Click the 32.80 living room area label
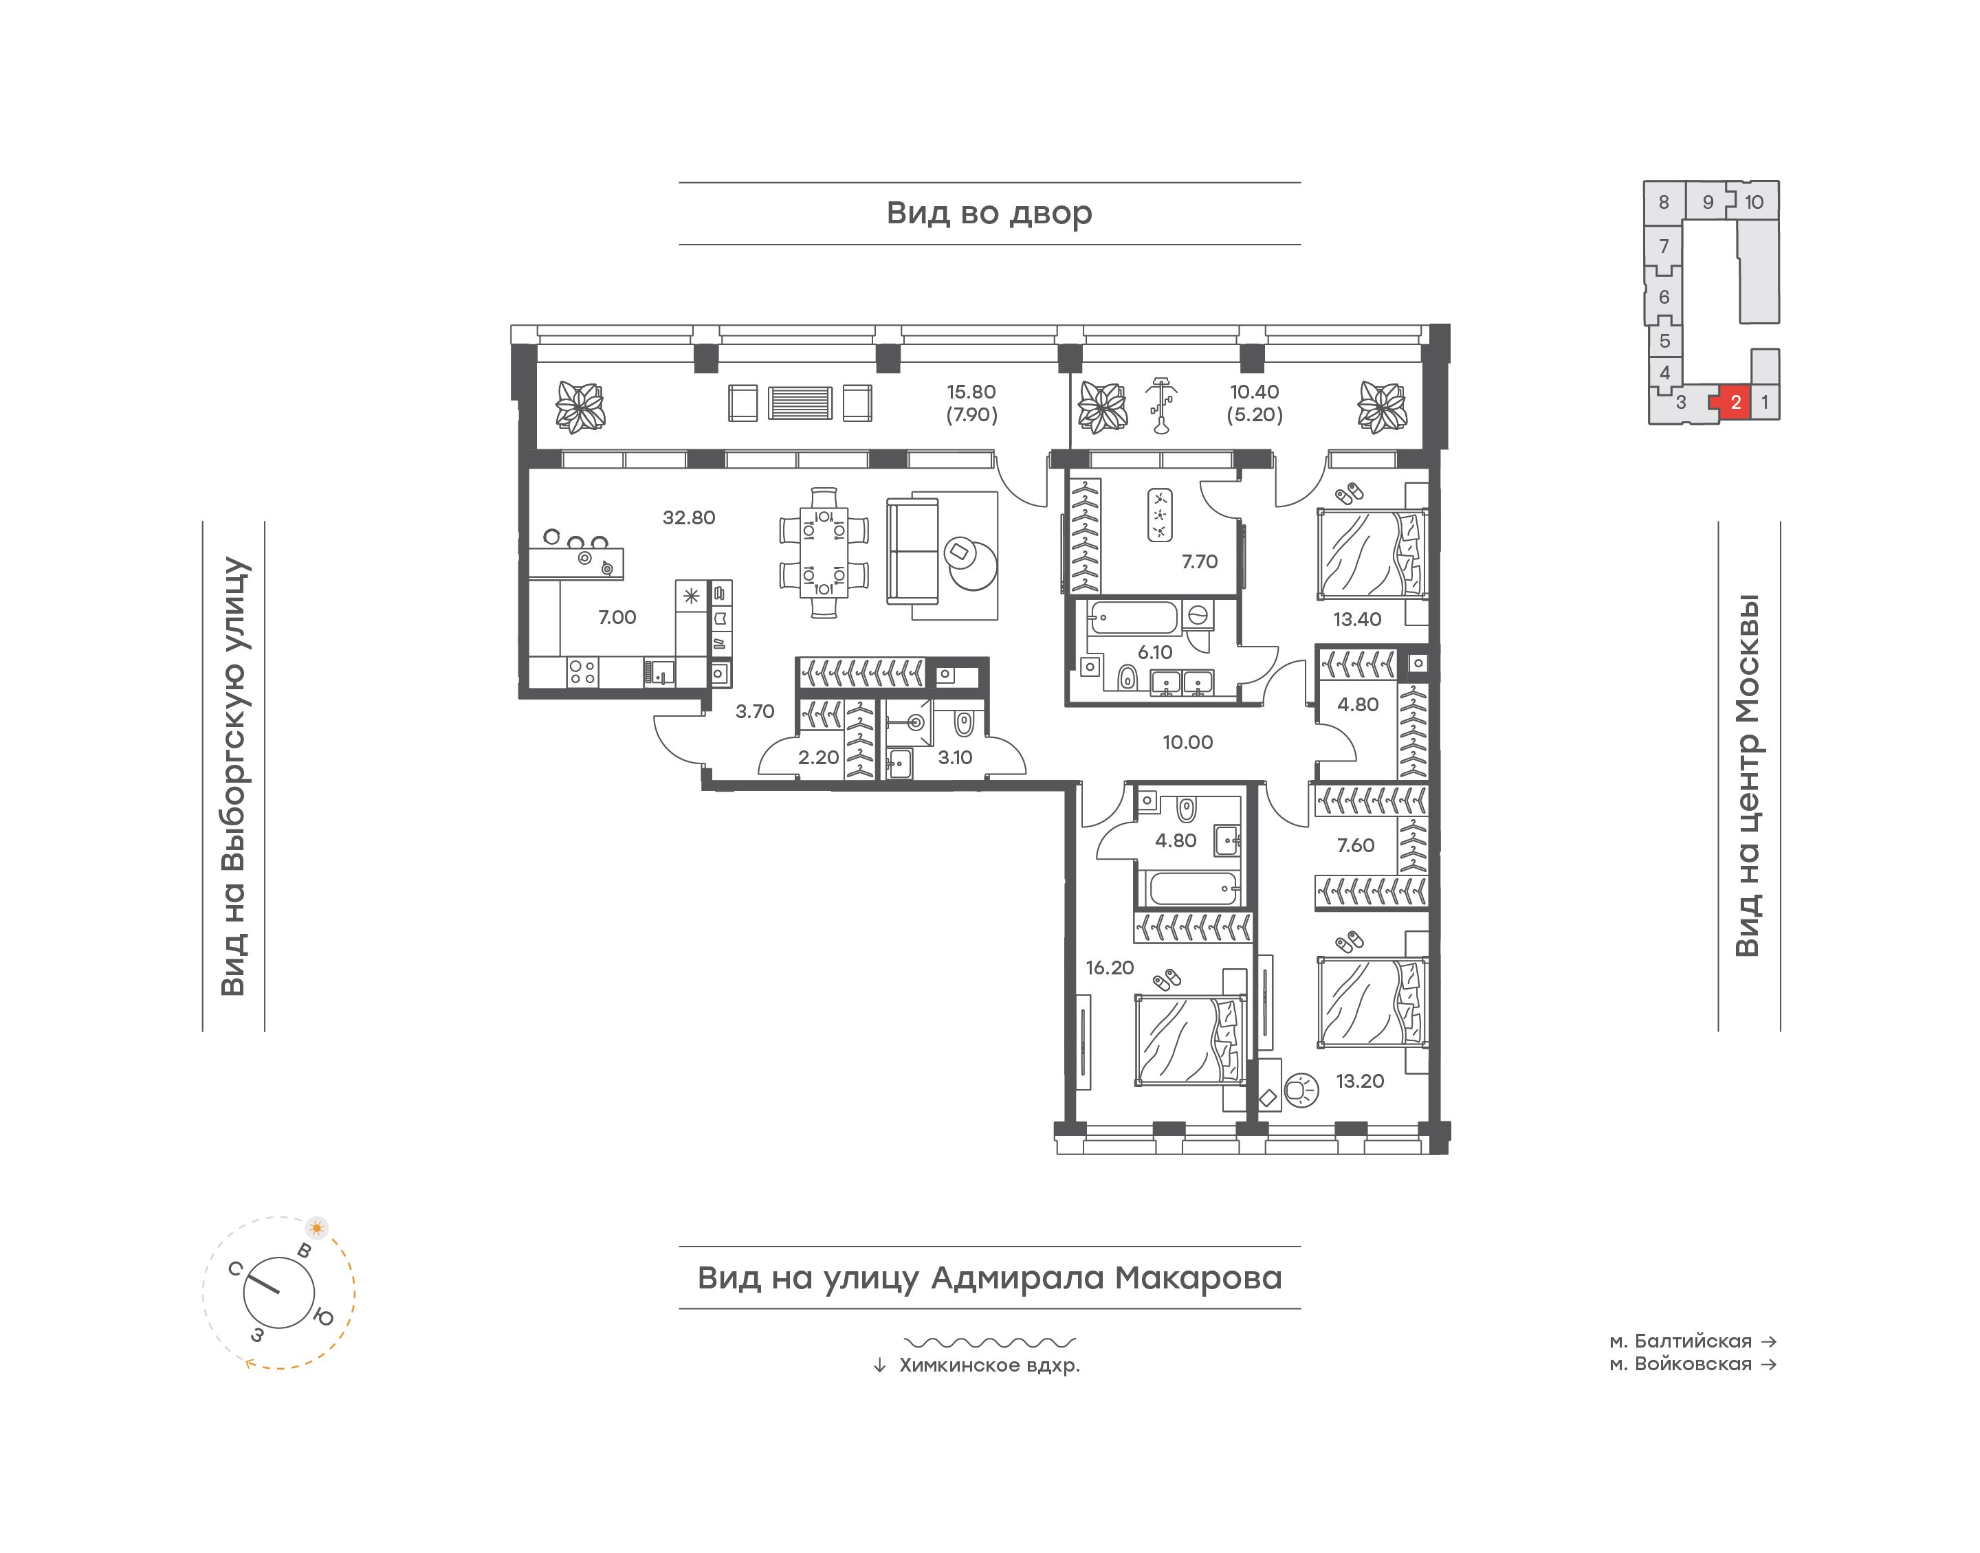pyautogui.click(x=688, y=517)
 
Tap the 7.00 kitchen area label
pyautogui.click(x=617, y=617)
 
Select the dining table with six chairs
pyautogui.click(x=823, y=552)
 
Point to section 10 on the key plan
pyautogui.click(x=1754, y=202)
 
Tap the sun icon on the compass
pyautogui.click(x=316, y=1227)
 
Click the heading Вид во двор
pyautogui.click(x=989, y=214)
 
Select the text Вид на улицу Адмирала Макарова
pyautogui.click(x=989, y=1277)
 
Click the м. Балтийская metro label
pyautogui.click(x=1680, y=1341)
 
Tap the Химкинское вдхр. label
pyautogui.click(x=989, y=1365)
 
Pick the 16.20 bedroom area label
pyautogui.click(x=1110, y=968)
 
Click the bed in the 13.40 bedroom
pyautogui.click(x=1372, y=554)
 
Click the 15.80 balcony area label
pyautogui.click(x=971, y=392)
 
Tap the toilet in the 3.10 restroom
pyautogui.click(x=964, y=723)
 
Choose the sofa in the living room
pyautogui.click(x=912, y=552)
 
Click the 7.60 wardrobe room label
pyautogui.click(x=1355, y=846)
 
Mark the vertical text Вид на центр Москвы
pyautogui.click(x=1747, y=776)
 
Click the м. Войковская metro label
pyautogui.click(x=1680, y=1364)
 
